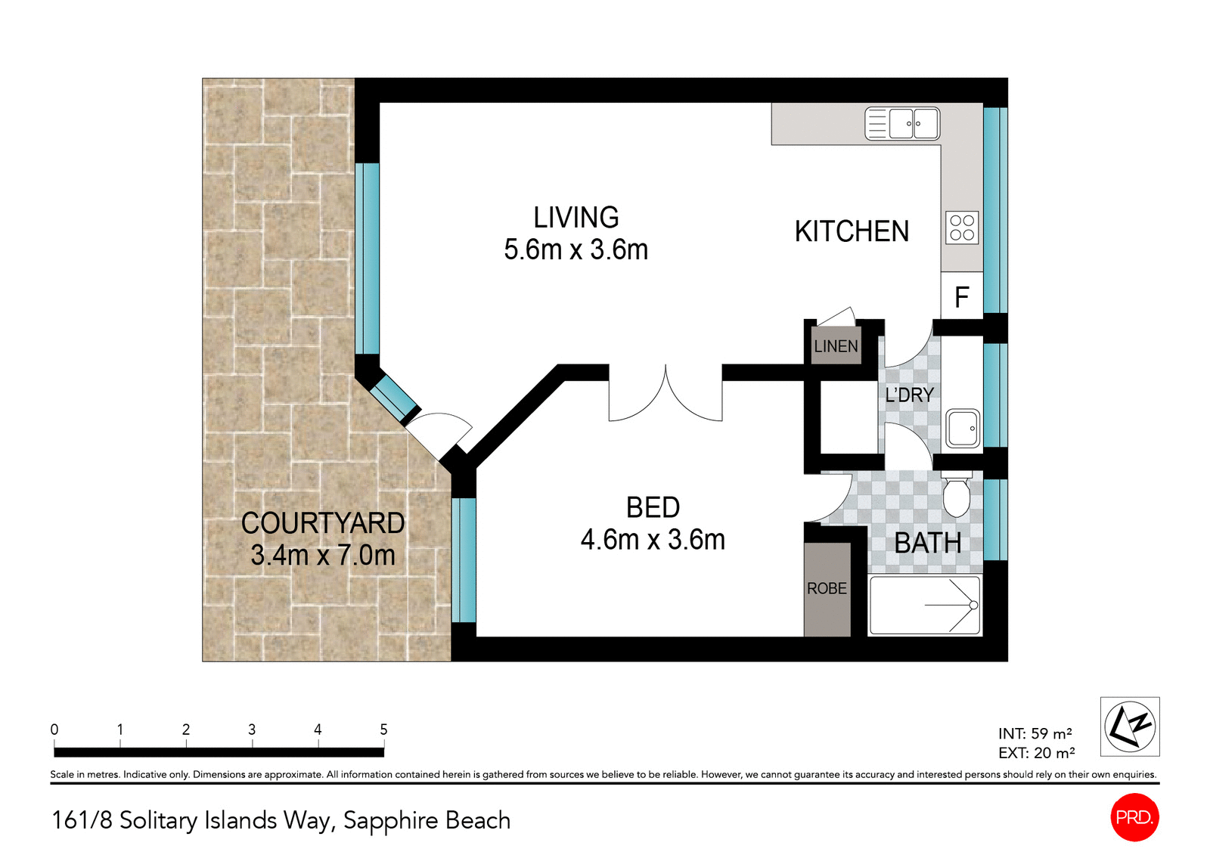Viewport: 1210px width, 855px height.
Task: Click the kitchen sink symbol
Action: [x=902, y=124]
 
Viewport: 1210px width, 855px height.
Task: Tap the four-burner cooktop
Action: [x=962, y=228]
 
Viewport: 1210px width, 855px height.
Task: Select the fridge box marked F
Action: [x=961, y=297]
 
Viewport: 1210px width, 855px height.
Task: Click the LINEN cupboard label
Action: [x=836, y=346]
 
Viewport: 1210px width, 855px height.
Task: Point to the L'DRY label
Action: [x=909, y=395]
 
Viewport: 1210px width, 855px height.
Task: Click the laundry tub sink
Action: [x=963, y=429]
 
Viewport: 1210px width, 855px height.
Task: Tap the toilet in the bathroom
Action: [x=956, y=494]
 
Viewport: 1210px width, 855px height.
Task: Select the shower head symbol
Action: [x=973, y=605]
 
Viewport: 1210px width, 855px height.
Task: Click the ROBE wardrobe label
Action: [x=827, y=588]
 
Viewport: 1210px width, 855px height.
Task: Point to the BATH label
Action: [x=927, y=543]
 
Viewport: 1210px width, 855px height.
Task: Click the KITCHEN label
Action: [x=852, y=231]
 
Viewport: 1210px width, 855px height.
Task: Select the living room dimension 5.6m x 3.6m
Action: [x=576, y=249]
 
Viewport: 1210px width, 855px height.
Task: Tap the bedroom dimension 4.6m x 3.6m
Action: [x=653, y=540]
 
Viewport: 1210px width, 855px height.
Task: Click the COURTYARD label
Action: [x=323, y=523]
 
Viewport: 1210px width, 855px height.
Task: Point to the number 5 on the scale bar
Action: [x=383, y=730]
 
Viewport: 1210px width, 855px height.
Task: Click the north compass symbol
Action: [x=1129, y=726]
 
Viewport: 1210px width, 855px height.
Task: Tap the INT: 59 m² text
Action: [x=1035, y=733]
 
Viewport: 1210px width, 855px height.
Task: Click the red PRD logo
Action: [x=1134, y=817]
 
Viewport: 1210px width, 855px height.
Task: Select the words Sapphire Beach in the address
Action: [x=427, y=820]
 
